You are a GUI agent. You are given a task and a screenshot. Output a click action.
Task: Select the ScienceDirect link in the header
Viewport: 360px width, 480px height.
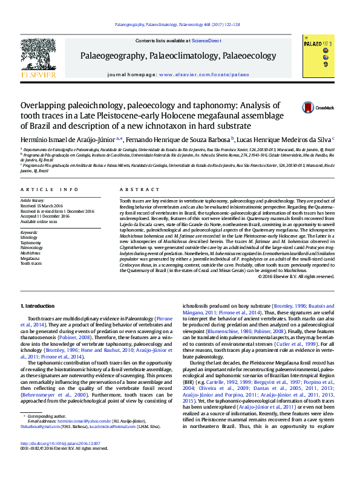206,41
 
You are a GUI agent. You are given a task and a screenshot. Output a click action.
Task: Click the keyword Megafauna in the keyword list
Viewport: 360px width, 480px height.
31,258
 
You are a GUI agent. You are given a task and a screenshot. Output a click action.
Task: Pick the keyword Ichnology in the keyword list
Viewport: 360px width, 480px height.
29,238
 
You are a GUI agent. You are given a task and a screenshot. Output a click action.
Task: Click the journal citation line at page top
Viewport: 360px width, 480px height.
177,25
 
